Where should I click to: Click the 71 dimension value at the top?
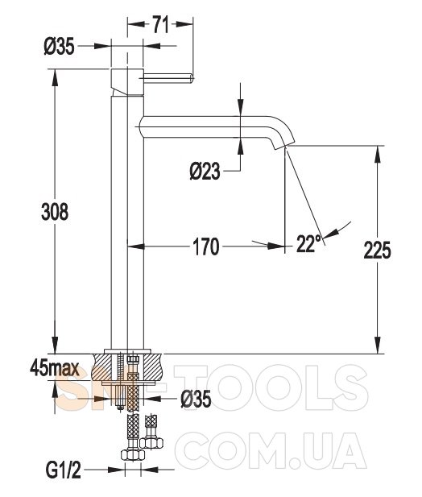160,25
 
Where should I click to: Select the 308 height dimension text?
55,212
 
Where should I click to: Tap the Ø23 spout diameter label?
205,172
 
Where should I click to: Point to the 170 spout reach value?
206,246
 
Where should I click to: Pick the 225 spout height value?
377,250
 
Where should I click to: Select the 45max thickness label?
54,369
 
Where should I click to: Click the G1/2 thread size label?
64,470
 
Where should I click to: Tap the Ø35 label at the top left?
60,47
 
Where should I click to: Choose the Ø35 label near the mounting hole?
196,399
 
